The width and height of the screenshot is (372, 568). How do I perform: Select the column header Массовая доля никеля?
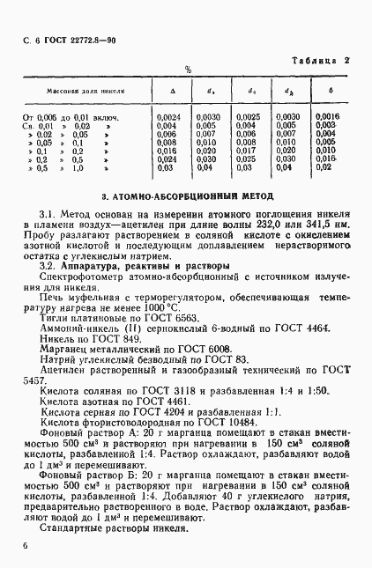point(85,91)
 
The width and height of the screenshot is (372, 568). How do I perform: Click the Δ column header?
point(172,91)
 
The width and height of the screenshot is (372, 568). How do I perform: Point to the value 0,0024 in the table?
point(168,117)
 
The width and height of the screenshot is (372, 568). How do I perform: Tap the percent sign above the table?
point(187,70)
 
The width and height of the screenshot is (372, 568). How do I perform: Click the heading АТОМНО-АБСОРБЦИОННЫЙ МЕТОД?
point(186,195)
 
